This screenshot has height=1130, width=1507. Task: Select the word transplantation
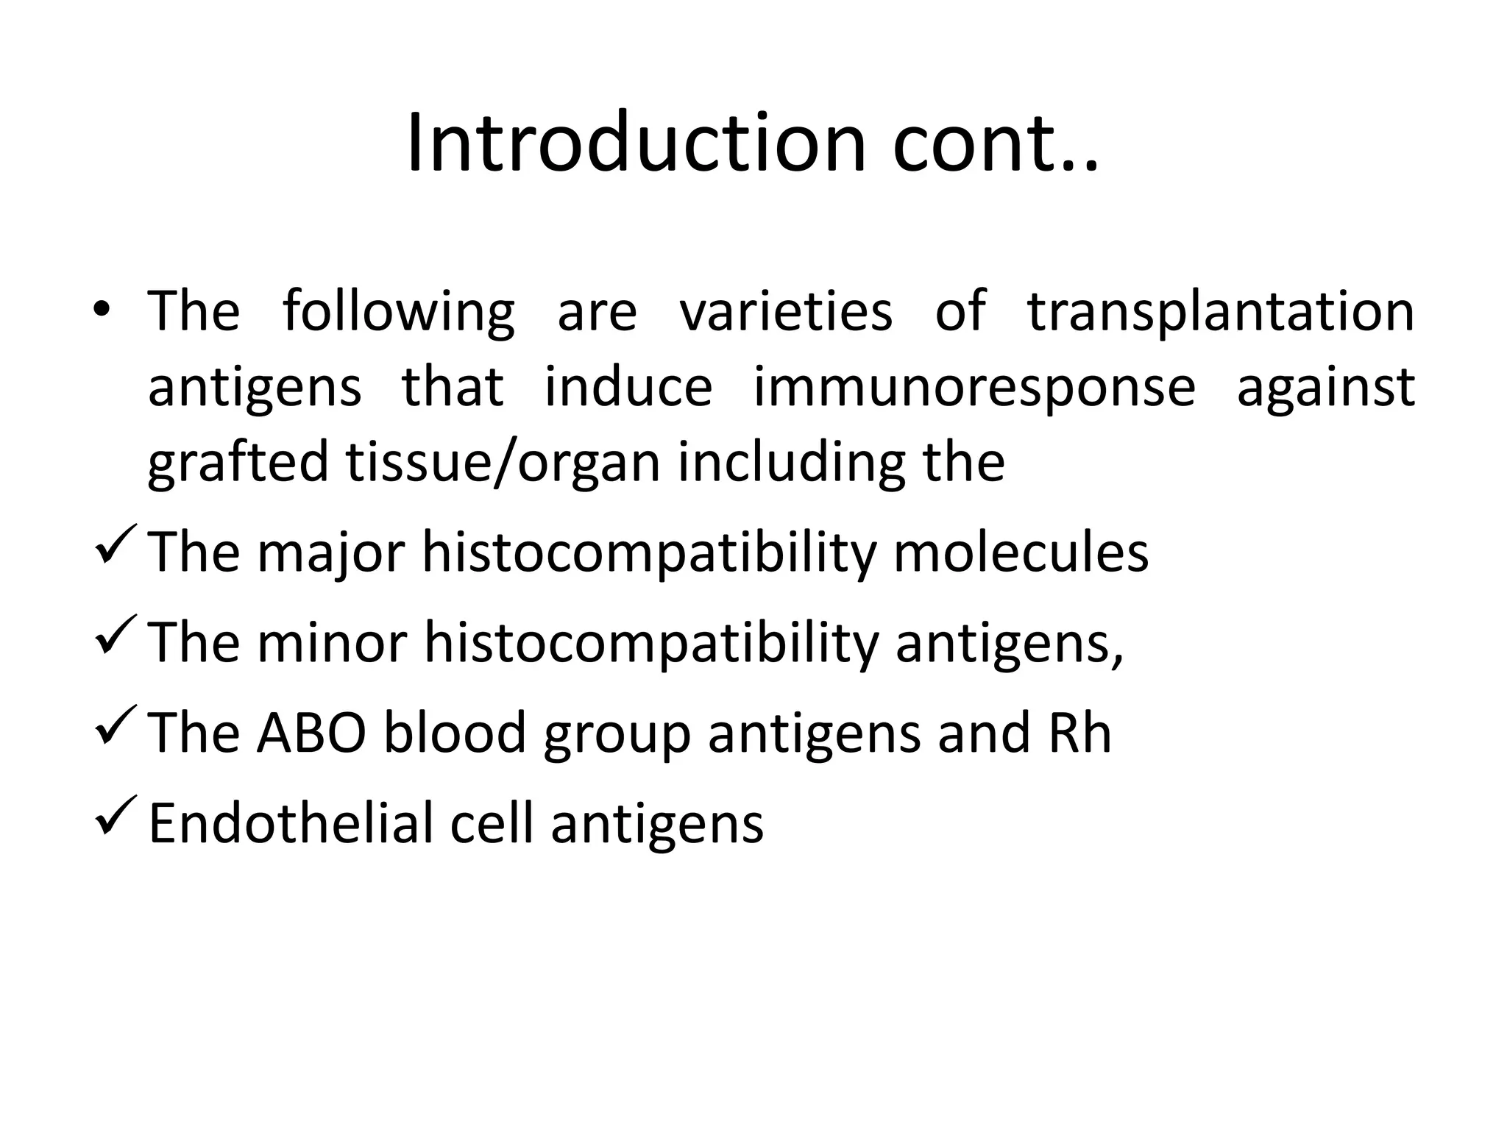tap(1220, 313)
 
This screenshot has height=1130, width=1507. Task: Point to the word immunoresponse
tap(974, 388)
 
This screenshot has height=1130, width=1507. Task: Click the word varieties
tap(785, 313)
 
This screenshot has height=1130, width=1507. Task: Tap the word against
tap(1325, 388)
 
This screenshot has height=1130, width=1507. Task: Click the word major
tap(331, 553)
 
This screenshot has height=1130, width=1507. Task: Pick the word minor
tap(332, 644)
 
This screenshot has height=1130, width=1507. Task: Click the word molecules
tap(1021, 553)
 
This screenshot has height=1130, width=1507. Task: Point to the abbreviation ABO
tap(311, 733)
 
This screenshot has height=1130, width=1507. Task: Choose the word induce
tap(628, 388)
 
